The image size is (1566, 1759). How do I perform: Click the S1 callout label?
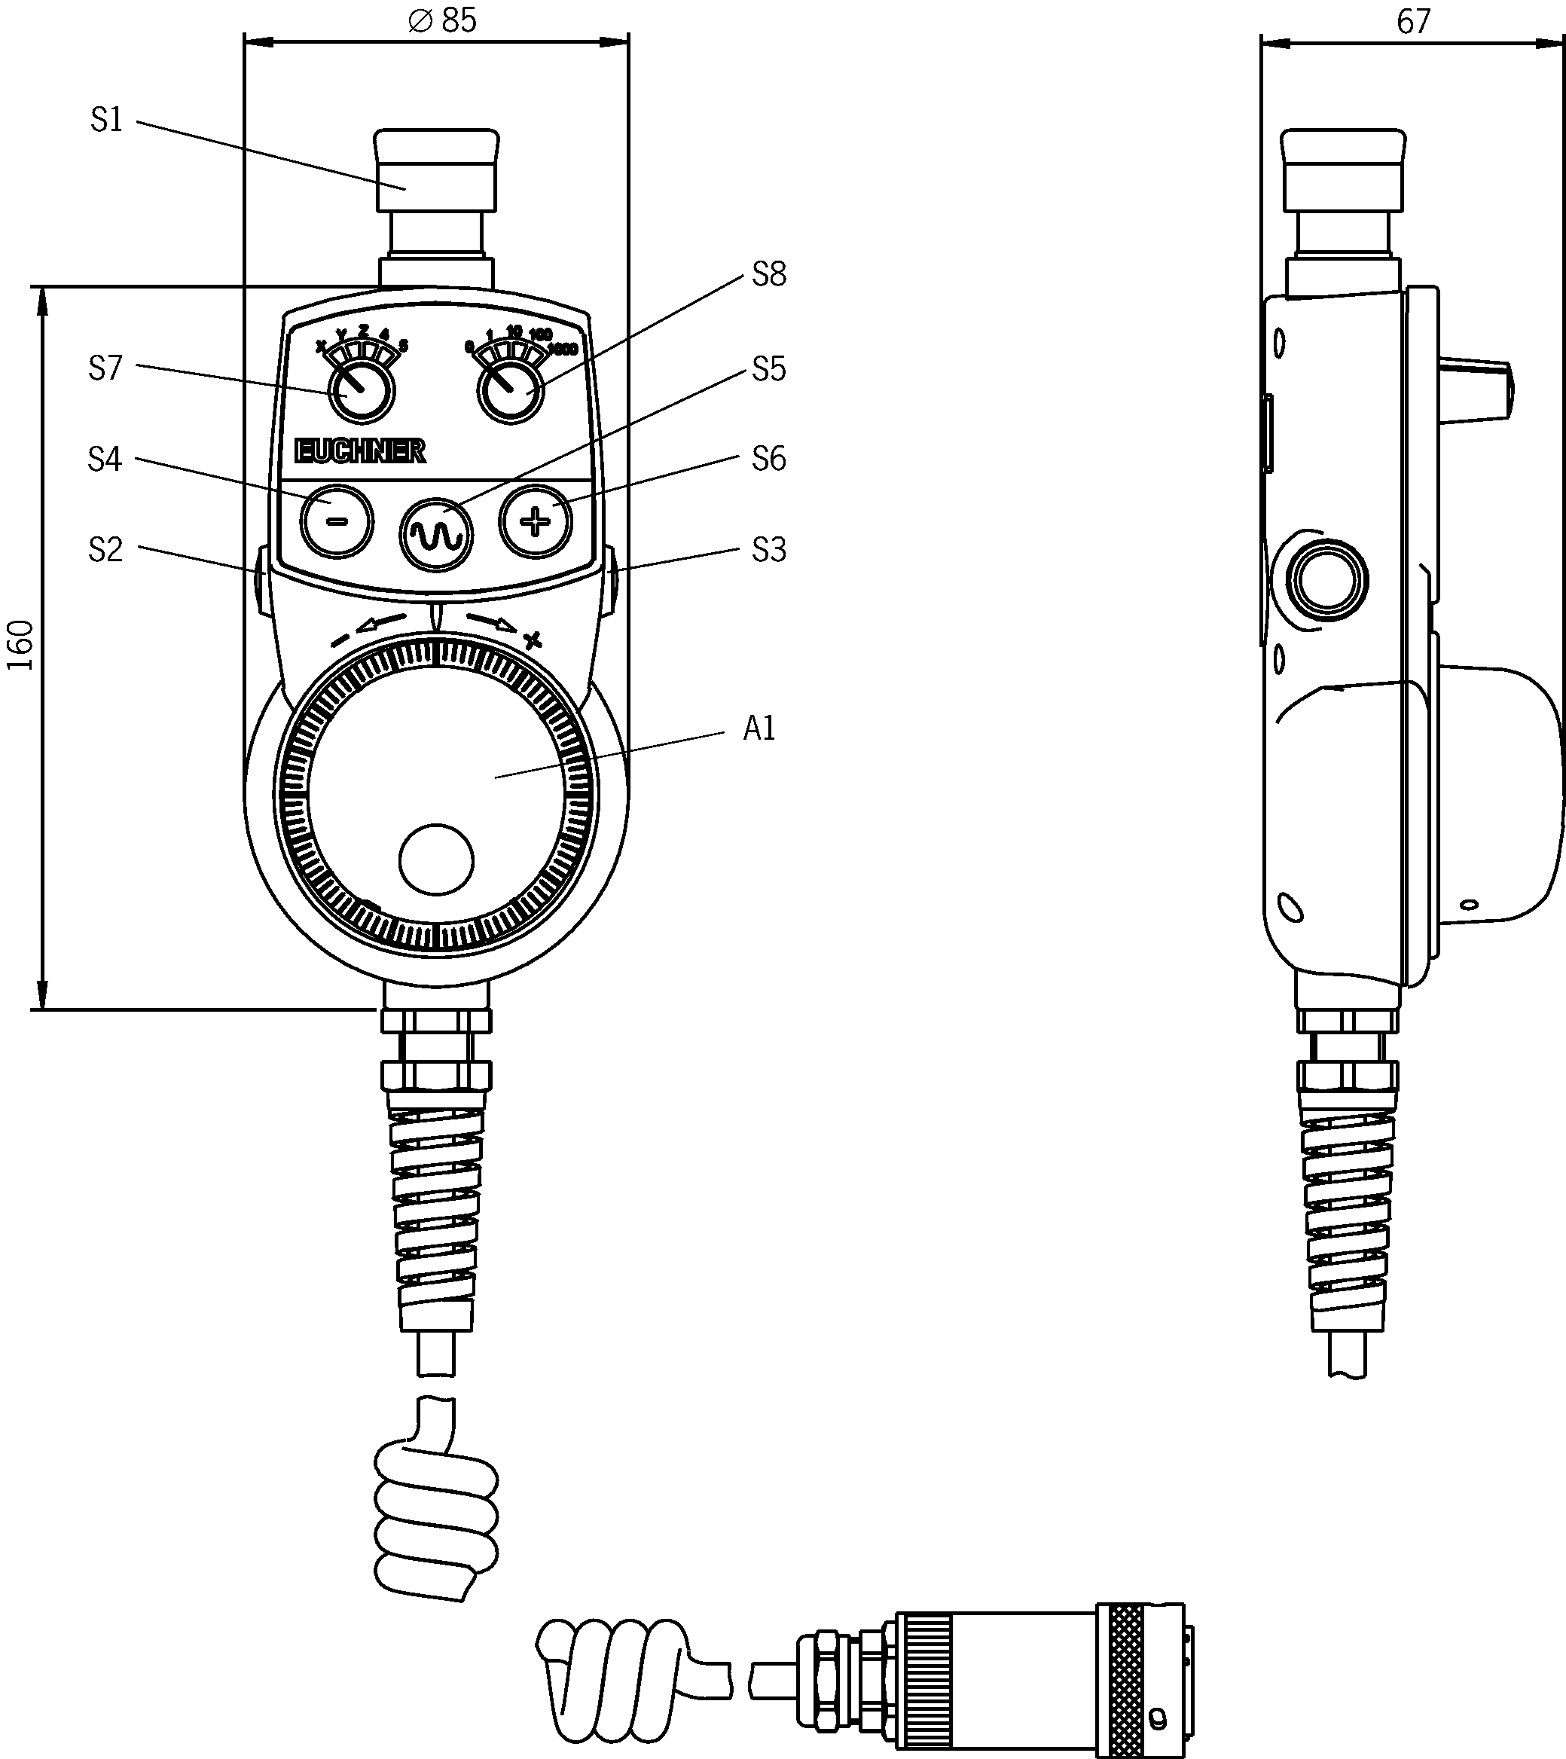tap(107, 121)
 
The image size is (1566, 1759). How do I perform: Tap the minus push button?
tap(337, 521)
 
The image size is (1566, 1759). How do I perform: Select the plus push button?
tap(536, 521)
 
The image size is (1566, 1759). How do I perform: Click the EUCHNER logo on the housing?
tap(359, 451)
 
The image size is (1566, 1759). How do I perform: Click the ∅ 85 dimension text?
tap(442, 20)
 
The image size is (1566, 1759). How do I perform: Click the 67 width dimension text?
tap(1413, 23)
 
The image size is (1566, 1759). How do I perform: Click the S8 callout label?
tap(768, 274)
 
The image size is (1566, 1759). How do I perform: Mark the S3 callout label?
tap(768, 550)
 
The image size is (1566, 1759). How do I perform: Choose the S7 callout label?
tap(106, 368)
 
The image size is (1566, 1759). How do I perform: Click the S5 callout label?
tap(768, 369)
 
